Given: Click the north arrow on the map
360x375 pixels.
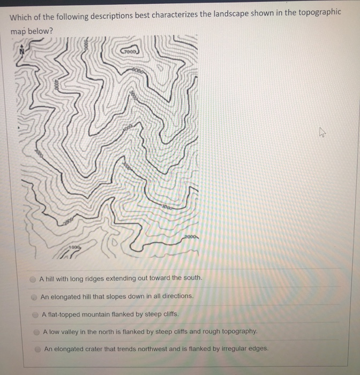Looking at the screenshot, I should click(x=22, y=51).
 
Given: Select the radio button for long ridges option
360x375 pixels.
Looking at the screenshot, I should click(x=33, y=279).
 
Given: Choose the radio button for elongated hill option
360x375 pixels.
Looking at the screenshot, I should click(x=34, y=296).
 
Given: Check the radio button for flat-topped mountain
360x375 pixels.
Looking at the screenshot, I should click(x=35, y=314).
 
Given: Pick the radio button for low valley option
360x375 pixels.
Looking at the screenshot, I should click(x=36, y=332).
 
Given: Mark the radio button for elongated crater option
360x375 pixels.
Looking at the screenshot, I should click(x=37, y=349).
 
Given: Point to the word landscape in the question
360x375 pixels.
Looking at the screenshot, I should click(x=219, y=14).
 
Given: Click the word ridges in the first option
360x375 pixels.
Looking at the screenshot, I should click(x=108, y=278).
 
